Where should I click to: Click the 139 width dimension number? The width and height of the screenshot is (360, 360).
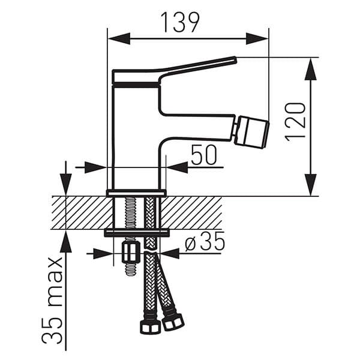pyautogui.click(x=179, y=23)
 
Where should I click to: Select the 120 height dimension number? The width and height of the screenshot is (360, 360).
pyautogui.click(x=295, y=121)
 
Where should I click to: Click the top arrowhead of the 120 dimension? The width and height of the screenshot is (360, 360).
pyautogui.click(x=310, y=68)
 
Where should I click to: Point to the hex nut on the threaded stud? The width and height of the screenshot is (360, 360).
pyautogui.click(x=130, y=252)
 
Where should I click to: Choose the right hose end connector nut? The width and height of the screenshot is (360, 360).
pyautogui.click(x=173, y=321)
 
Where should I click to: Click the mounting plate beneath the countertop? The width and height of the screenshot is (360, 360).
pyautogui.click(x=137, y=233)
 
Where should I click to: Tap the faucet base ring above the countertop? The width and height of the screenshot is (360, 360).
pyautogui.click(x=136, y=193)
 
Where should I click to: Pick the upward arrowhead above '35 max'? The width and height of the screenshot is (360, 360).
pyautogui.click(x=65, y=242)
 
